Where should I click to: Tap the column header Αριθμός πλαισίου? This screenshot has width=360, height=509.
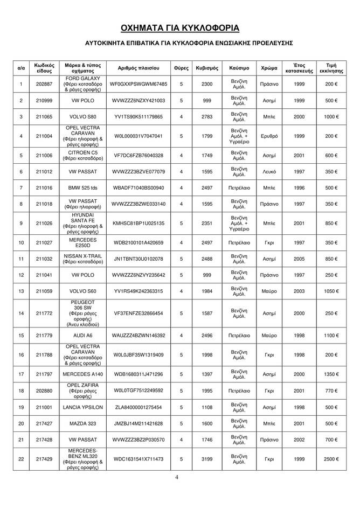(x=139, y=68)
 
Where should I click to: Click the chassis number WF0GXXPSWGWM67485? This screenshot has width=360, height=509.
(x=139, y=85)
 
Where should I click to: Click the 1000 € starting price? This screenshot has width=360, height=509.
(x=331, y=117)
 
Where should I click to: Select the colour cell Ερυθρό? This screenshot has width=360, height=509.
(x=269, y=136)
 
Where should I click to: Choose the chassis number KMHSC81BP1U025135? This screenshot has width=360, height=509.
(x=139, y=223)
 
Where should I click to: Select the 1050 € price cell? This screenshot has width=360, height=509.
(x=331, y=291)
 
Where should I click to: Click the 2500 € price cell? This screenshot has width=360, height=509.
(x=331, y=458)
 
